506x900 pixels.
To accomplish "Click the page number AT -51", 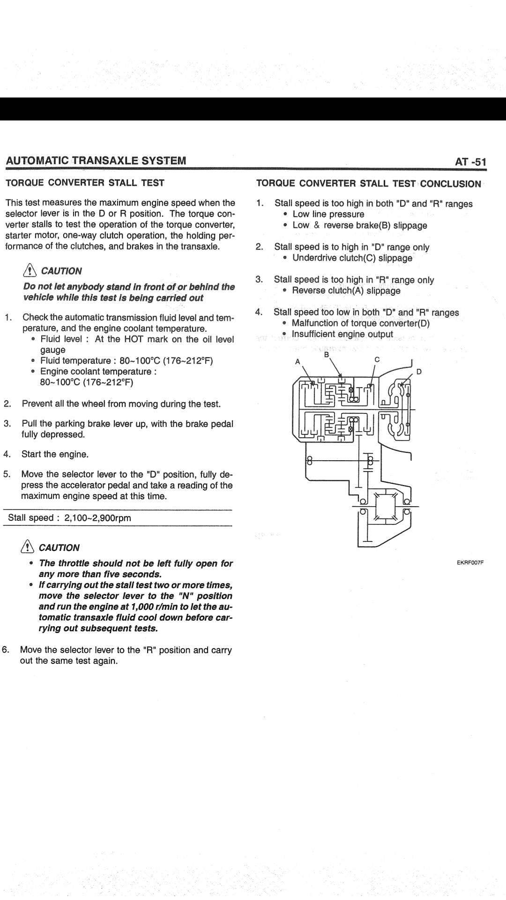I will pyautogui.click(x=470, y=162).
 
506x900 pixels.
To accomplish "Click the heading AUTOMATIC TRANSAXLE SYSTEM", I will pyautogui.click(x=96, y=161).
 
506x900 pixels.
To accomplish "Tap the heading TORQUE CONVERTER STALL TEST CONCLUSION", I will pyautogui.click(x=369, y=184).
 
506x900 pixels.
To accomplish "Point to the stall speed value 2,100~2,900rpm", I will pyautogui.click(x=98, y=518).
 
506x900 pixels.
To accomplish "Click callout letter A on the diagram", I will pyautogui.click(x=297, y=361).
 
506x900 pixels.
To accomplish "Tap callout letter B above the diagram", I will pyautogui.click(x=327, y=355).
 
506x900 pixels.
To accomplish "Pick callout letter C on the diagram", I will pyautogui.click(x=377, y=360).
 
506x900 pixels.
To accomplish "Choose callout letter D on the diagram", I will pyautogui.click(x=419, y=372).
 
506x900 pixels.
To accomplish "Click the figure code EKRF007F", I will pyautogui.click(x=470, y=562).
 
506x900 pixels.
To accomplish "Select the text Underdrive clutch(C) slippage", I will pyautogui.click(x=352, y=258).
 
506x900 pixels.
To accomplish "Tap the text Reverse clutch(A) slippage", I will pyautogui.click(x=346, y=291).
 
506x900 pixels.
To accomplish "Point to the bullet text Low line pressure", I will pyautogui.click(x=328, y=214).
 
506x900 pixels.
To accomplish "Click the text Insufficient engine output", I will pyautogui.click(x=342, y=334).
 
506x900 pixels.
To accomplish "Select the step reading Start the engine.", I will pyautogui.click(x=55, y=454).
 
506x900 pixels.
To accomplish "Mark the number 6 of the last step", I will pyautogui.click(x=6, y=650).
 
